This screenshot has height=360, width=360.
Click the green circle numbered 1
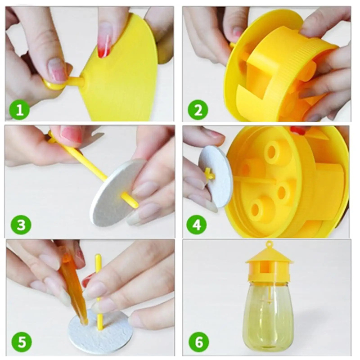click(x=19, y=110)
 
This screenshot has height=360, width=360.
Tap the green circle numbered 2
click(x=198, y=110)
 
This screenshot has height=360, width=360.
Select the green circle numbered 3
click(x=21, y=224)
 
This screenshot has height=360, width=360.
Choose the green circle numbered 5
click(x=22, y=342)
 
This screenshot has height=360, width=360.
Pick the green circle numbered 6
click(x=199, y=342)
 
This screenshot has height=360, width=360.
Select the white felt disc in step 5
click(x=100, y=331)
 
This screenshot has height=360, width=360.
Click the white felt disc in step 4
click(x=216, y=177)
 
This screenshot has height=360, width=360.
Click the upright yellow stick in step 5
click(x=99, y=292)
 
